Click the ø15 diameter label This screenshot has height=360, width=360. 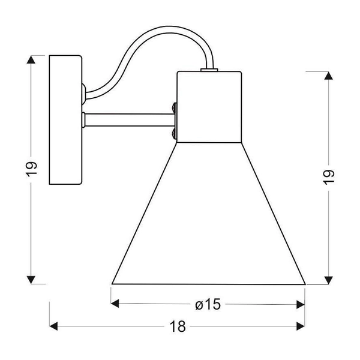click(208, 304)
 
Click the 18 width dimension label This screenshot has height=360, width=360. click(178, 326)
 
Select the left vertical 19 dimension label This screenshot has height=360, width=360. click(31, 169)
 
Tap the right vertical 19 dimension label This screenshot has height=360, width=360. click(328, 177)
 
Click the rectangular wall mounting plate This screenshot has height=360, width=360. click(65, 120)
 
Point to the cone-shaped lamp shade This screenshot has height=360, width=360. click(209, 213)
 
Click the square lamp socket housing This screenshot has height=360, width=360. click(209, 107)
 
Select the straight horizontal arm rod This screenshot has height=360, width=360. click(129, 120)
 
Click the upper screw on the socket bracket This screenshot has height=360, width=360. click(175, 107)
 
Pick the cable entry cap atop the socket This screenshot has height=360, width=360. click(209, 70)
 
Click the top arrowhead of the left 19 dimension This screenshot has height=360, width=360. click(31, 59)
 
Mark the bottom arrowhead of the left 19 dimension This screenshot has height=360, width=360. click(31, 280)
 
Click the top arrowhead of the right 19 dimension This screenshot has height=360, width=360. click(329, 76)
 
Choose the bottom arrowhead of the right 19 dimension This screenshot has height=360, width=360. click(329, 280)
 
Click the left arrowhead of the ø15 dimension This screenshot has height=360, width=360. click(115, 304)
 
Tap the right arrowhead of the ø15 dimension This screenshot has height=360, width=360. click(301, 305)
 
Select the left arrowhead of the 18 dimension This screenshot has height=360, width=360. click(53, 326)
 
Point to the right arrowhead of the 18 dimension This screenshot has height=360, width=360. click(301, 326)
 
